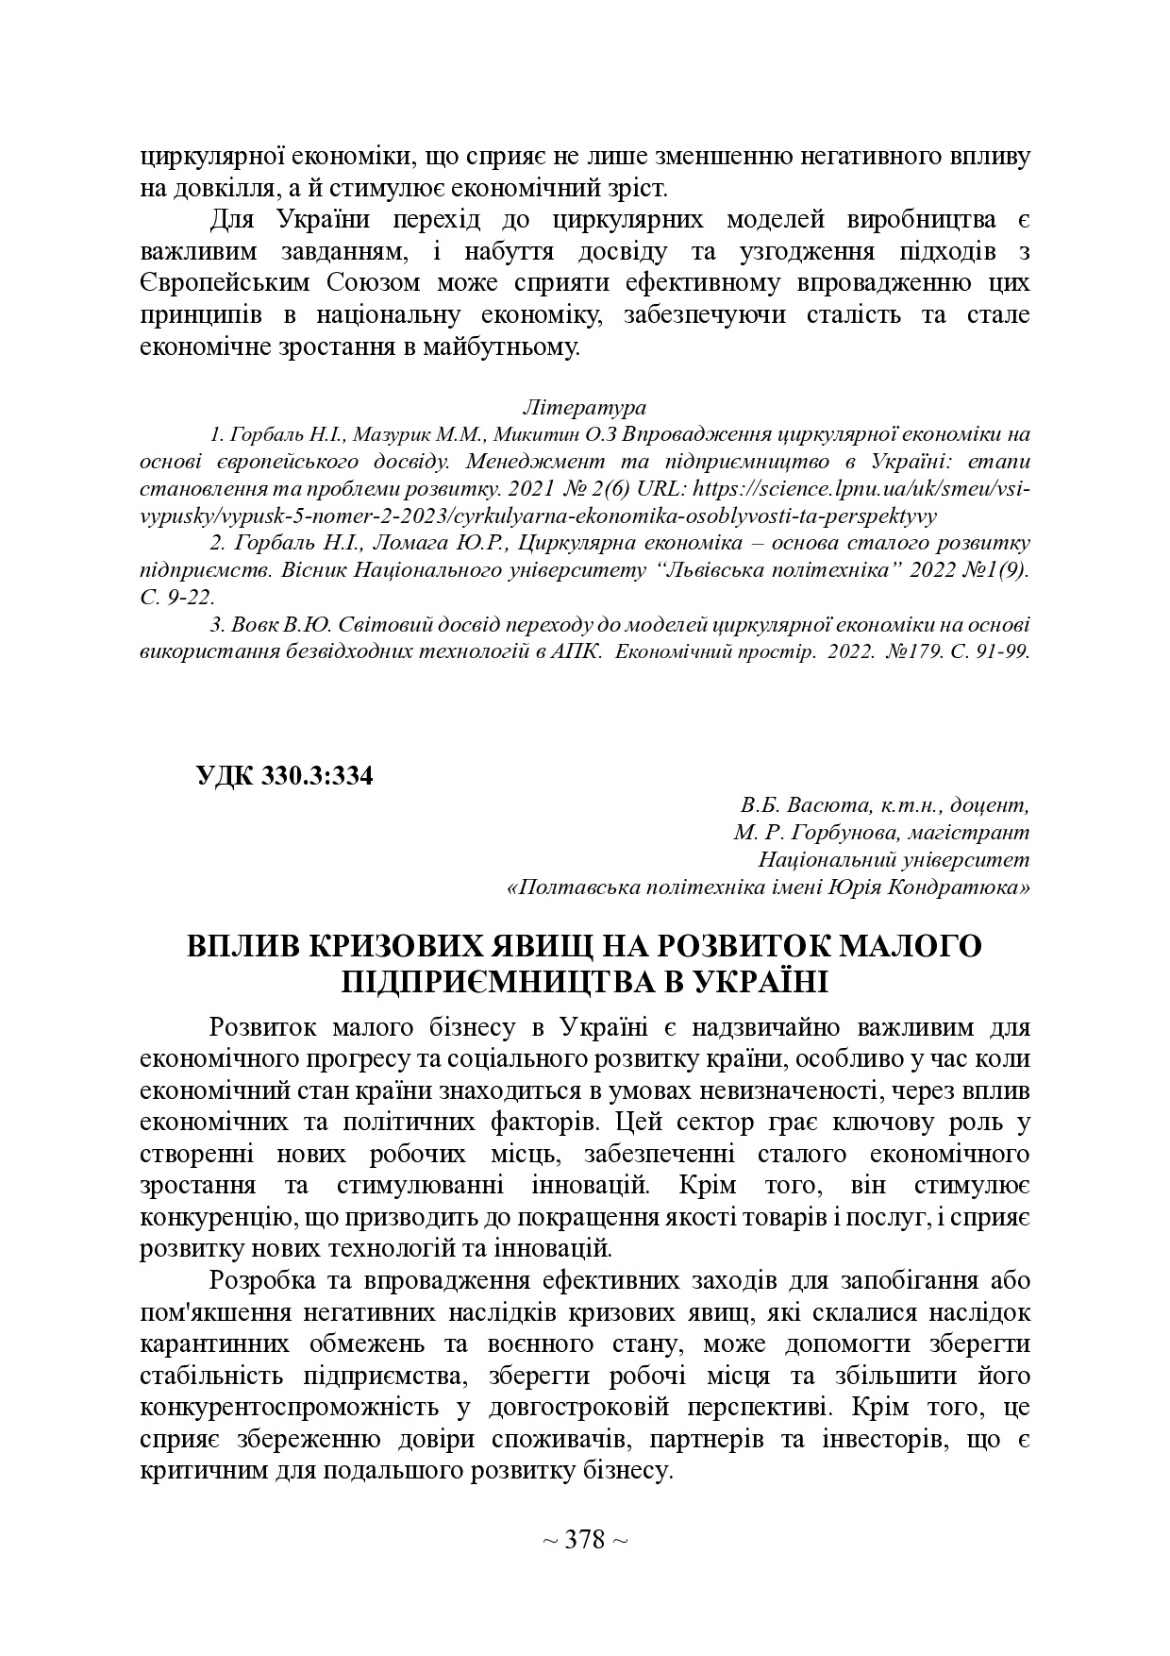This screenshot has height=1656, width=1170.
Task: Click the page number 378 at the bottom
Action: [x=585, y=1540]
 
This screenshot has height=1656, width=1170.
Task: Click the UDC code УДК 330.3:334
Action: [x=284, y=776]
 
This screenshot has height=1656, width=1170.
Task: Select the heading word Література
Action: [x=584, y=408]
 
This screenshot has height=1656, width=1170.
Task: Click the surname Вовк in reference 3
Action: [x=257, y=625]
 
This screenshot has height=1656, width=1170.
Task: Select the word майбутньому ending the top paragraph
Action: [x=504, y=346]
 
